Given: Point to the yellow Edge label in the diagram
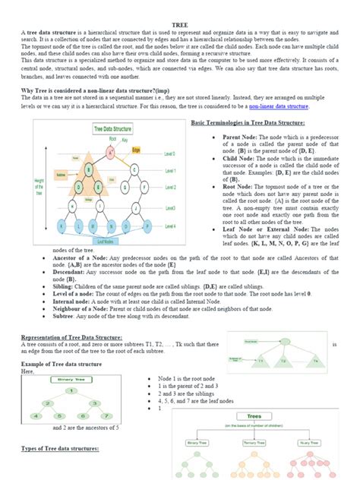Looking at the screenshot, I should tap(136, 150).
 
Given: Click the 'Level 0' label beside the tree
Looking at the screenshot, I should tap(170, 153).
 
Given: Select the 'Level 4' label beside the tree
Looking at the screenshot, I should tap(170, 226).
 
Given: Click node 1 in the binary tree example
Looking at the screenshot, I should tap(71, 390).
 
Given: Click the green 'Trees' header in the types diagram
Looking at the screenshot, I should tap(251, 415).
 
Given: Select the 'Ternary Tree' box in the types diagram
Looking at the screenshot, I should tap(251, 442).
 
